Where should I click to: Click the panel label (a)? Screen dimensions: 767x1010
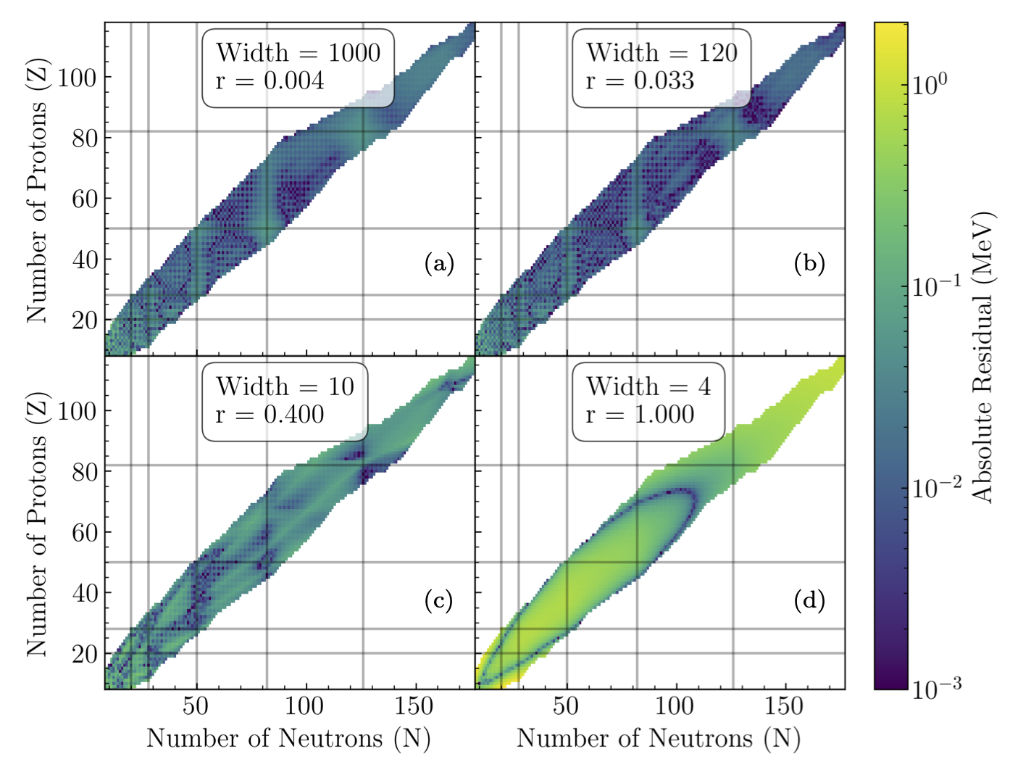click(x=439, y=264)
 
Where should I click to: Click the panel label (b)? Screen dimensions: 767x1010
click(x=809, y=264)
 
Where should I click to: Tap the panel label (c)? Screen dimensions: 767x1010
click(x=439, y=600)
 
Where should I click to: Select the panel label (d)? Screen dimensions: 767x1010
click(x=809, y=600)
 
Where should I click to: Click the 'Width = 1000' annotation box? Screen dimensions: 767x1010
click(x=298, y=67)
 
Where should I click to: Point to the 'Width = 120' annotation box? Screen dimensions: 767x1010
click(x=661, y=67)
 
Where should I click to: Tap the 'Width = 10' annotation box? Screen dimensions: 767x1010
click(x=285, y=401)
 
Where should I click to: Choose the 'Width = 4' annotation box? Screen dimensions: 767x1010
click(x=648, y=401)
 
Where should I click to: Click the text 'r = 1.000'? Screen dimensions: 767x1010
click(x=640, y=415)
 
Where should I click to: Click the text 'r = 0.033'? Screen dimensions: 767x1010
click(x=640, y=80)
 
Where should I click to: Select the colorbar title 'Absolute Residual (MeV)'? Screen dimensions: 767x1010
click(x=983, y=357)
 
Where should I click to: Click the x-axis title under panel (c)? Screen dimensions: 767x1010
click(x=288, y=739)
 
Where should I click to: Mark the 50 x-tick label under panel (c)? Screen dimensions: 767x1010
click(x=196, y=706)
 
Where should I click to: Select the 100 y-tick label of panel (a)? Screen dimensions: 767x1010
click(x=77, y=78)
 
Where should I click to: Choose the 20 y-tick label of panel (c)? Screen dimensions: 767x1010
click(x=85, y=654)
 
